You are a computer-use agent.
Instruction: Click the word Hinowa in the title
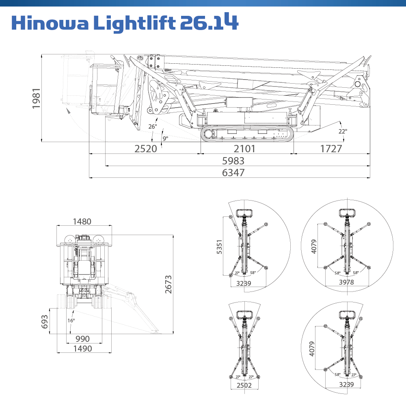coord(50,24)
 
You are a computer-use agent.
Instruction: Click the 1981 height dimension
coord(37,98)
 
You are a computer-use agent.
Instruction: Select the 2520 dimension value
coord(145,149)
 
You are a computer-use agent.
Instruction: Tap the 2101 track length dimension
coord(245,149)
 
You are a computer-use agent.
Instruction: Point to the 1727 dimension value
coord(331,149)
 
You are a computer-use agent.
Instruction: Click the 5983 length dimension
coord(233,161)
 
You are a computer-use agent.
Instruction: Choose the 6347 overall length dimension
coord(233,173)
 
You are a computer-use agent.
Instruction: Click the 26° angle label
coord(152,127)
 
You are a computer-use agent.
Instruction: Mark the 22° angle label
coord(343,131)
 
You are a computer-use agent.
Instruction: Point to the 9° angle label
coord(165,138)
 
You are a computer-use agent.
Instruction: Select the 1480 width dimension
coord(82,222)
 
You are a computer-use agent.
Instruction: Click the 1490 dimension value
coord(82,349)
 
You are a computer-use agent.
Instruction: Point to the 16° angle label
coord(71,320)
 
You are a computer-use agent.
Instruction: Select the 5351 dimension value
coord(220,246)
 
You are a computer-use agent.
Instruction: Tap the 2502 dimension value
coord(244,385)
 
